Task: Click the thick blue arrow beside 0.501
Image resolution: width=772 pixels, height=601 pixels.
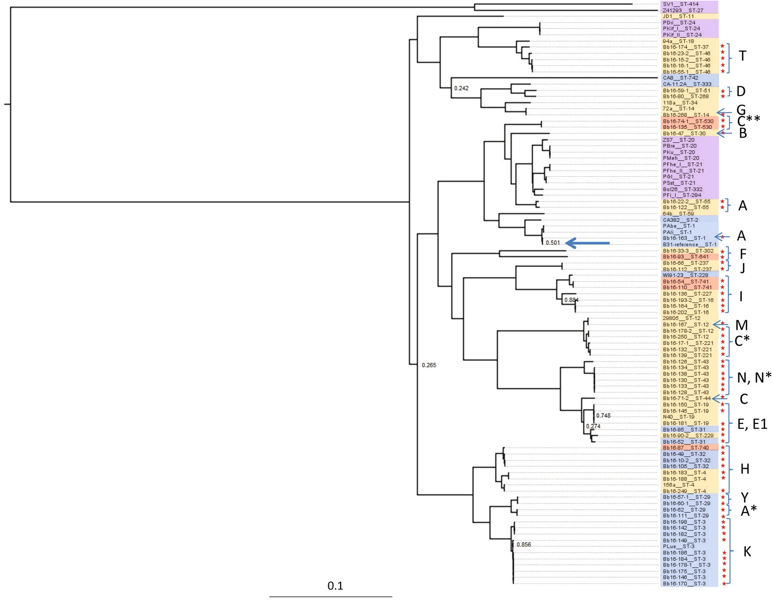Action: (587, 243)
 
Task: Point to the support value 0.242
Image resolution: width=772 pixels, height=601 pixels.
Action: (461, 88)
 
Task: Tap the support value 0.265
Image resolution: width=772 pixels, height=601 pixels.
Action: (429, 365)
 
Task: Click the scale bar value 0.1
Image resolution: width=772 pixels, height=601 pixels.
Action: (335, 586)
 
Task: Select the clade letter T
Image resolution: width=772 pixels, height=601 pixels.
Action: (743, 56)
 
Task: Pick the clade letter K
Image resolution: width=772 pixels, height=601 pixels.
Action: (747, 552)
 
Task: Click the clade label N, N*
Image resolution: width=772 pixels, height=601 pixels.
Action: (754, 378)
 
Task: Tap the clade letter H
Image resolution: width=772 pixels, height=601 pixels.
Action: (745, 469)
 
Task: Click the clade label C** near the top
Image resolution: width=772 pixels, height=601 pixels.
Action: (749, 121)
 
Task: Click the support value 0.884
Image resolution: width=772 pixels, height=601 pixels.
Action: (571, 300)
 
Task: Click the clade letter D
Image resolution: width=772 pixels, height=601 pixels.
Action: (741, 91)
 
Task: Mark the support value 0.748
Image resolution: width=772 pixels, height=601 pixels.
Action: (603, 416)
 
